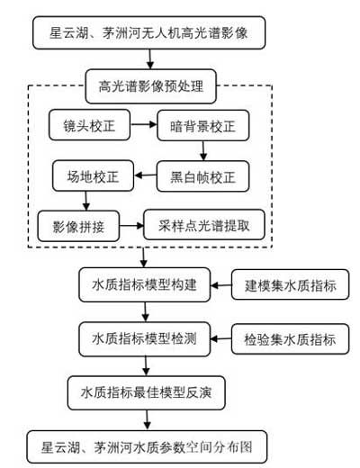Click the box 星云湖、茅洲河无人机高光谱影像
pyautogui.click(x=148, y=32)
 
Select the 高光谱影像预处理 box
pyautogui.click(x=151, y=86)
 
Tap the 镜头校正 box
pyautogui.click(x=89, y=125)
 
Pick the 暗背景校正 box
pyautogui.click(x=202, y=125)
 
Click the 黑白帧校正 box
pyautogui.click(x=202, y=176)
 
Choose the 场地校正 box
pyautogui.click(x=93, y=175)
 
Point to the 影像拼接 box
pyautogui.click(x=78, y=226)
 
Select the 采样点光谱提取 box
pyautogui.click(x=204, y=225)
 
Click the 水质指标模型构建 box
pyautogui.click(x=145, y=284)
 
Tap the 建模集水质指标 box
pyautogui.click(x=290, y=284)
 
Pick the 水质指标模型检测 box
pyautogui.click(x=145, y=339)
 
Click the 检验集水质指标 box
pyautogui.click(x=290, y=339)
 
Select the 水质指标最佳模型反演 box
pyautogui.click(x=147, y=392)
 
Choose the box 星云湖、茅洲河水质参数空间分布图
pyautogui.click(x=147, y=447)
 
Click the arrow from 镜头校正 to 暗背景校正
pyautogui.click(x=144, y=124)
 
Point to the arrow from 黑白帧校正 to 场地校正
pyautogui.click(x=145, y=175)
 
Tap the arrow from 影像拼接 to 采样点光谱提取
pyautogui.click(x=131, y=226)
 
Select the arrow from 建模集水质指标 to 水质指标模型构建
pyautogui.click(x=220, y=285)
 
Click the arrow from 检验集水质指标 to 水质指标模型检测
pyautogui.click(x=220, y=339)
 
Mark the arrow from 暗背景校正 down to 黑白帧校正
pyautogui.click(x=203, y=151)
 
